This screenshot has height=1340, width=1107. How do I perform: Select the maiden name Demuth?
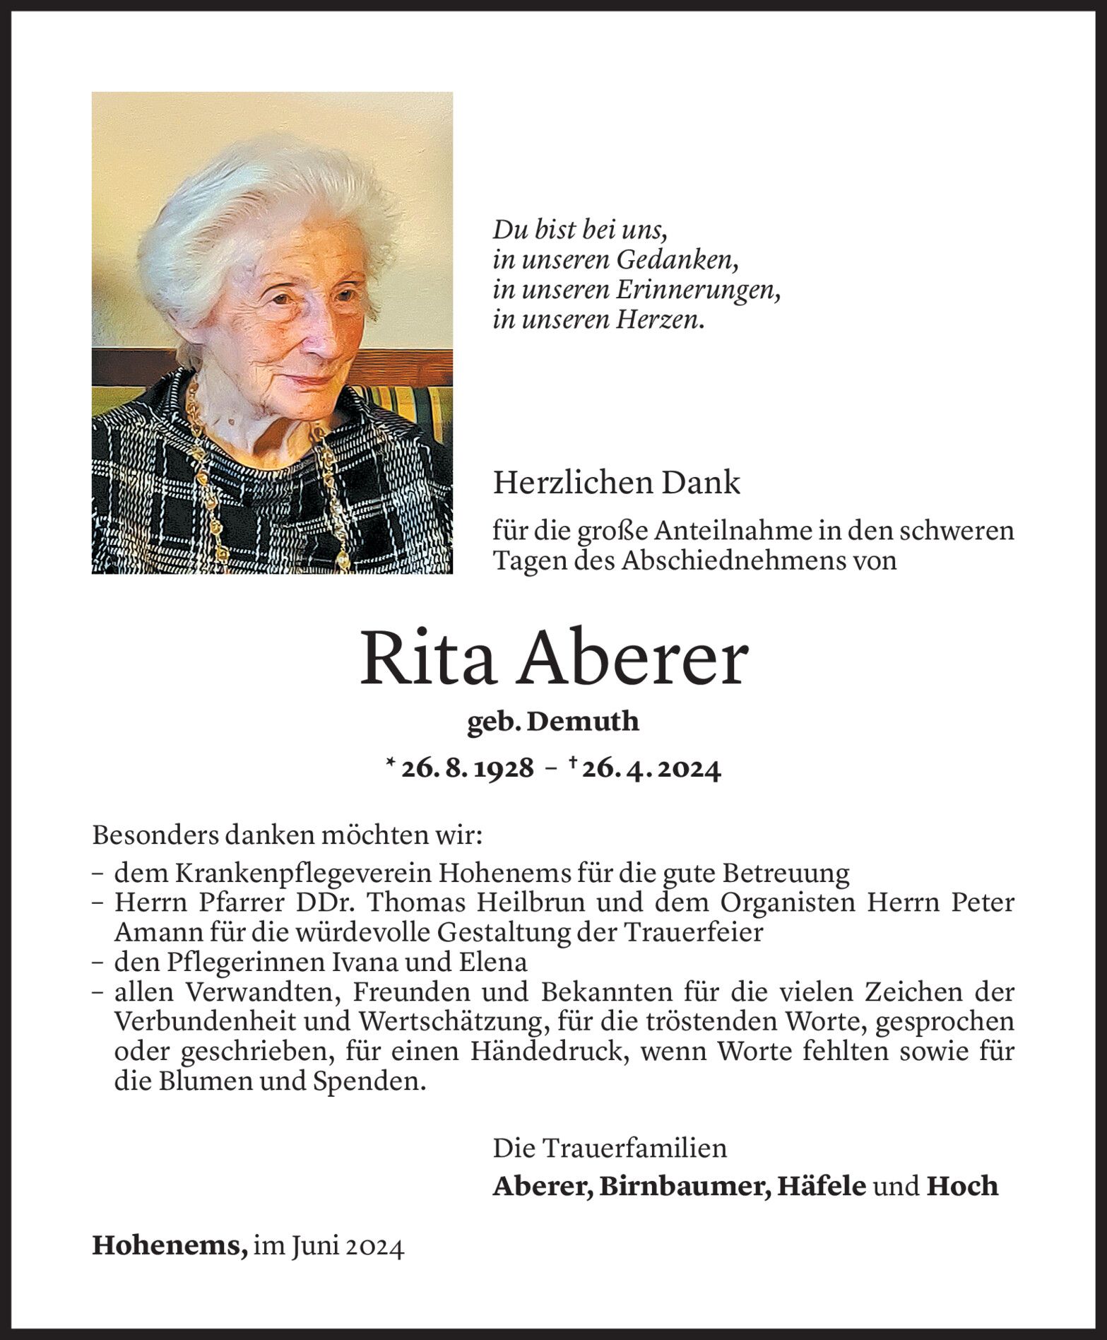583,722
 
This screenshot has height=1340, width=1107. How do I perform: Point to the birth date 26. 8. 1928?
467,768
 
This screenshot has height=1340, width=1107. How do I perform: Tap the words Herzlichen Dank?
617,483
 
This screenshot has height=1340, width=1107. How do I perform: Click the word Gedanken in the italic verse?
677,261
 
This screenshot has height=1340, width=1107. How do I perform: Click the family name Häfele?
821,1186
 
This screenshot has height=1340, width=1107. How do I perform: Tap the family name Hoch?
962,1186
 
